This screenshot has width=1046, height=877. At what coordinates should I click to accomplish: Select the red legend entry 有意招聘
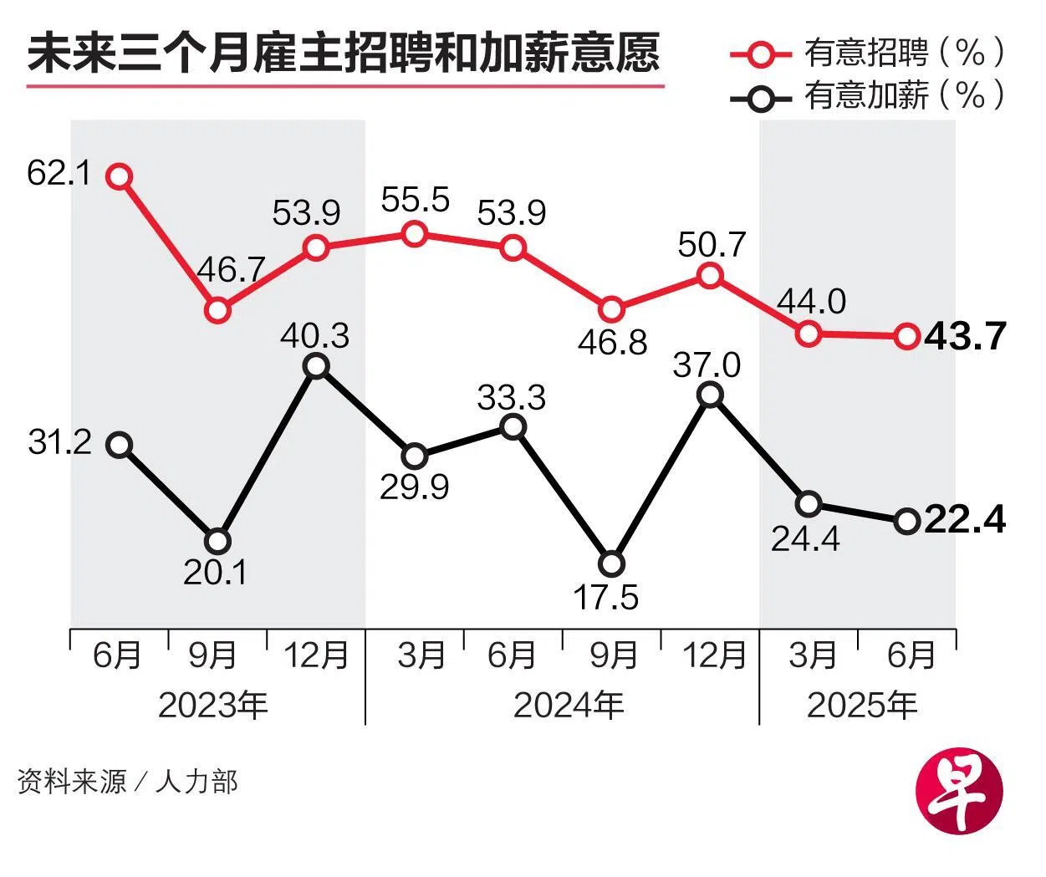[866, 54]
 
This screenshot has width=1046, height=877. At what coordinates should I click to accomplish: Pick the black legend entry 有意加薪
[866, 96]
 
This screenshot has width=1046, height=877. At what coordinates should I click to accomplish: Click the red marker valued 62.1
[120, 176]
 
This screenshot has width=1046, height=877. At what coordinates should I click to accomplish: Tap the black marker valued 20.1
[217, 541]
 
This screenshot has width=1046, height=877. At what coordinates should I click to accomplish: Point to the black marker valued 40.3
[316, 365]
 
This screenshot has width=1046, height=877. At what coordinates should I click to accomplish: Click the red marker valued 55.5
[414, 234]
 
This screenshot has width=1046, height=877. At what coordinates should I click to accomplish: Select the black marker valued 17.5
[612, 563]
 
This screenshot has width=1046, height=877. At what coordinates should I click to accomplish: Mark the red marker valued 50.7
[710, 275]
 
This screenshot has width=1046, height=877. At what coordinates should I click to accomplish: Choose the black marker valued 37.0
[710, 395]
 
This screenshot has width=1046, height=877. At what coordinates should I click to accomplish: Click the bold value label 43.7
[964, 336]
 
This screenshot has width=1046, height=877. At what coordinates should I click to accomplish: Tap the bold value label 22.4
[966, 520]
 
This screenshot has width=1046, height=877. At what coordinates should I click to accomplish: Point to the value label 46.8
[613, 343]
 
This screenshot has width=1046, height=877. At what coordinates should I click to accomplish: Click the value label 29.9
[414, 487]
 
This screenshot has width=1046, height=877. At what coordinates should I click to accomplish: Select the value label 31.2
[59, 442]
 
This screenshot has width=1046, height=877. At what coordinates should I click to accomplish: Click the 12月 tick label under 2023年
[316, 655]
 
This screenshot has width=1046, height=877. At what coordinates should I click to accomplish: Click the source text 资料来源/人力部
[127, 782]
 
